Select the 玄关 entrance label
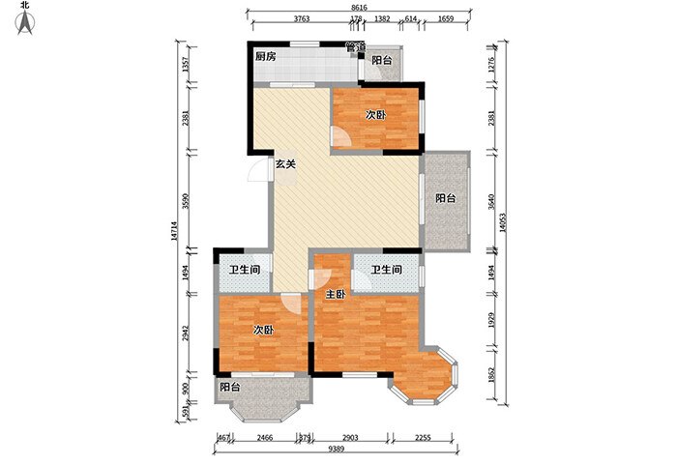(x=284, y=164)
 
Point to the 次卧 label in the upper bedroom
(x=376, y=114)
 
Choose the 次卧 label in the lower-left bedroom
(x=263, y=331)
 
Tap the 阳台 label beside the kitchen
(x=383, y=61)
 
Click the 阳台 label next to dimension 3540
(x=445, y=199)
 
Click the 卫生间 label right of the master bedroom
(x=386, y=271)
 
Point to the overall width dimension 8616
(x=359, y=8)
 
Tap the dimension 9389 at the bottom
(x=336, y=452)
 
